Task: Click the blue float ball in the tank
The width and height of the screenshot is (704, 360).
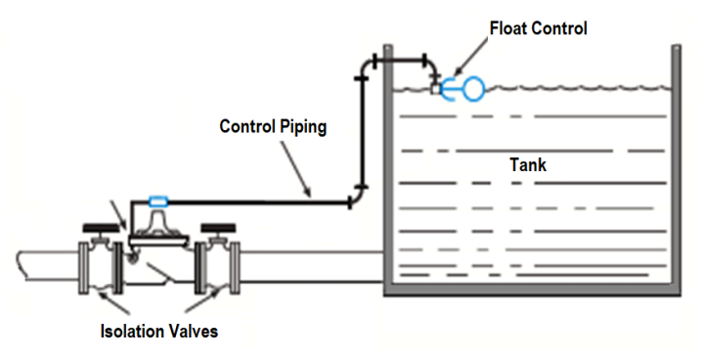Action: tap(472, 89)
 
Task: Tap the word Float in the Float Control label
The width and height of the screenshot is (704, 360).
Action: tap(508, 28)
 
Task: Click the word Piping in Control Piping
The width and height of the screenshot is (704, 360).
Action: tap(299, 126)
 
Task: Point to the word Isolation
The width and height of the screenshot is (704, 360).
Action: tap(133, 331)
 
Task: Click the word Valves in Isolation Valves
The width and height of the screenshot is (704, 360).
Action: tap(193, 331)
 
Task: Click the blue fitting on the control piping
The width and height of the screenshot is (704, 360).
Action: tap(157, 202)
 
